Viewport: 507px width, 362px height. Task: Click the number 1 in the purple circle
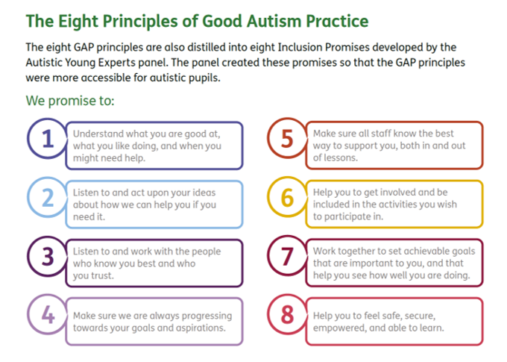(48, 139)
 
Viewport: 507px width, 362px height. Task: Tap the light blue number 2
(48, 198)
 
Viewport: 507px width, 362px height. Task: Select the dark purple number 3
(48, 257)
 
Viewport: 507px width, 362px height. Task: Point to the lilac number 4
(48, 315)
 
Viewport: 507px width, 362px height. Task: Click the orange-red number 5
(287, 139)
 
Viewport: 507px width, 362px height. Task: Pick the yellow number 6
(287, 198)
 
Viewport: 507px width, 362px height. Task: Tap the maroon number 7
(287, 257)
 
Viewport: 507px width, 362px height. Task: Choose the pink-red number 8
(287, 315)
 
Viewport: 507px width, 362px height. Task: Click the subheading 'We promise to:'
(70, 101)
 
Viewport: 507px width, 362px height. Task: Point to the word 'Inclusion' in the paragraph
(300, 47)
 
